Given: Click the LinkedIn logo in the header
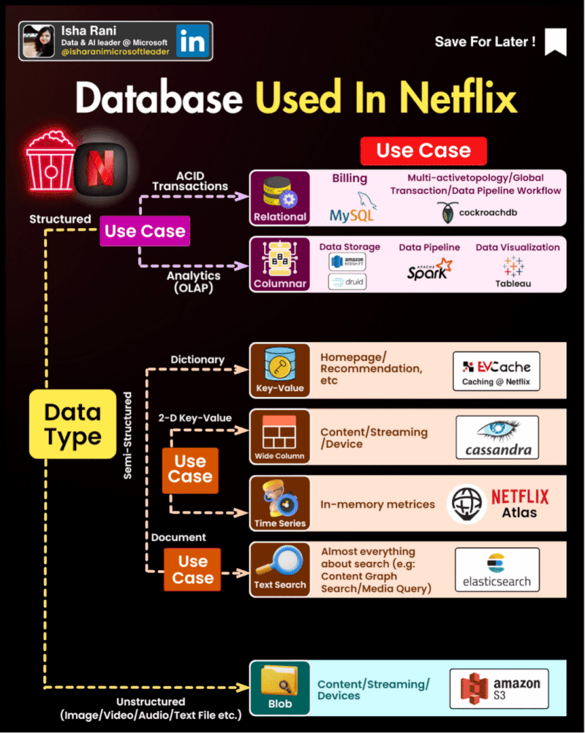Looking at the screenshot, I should (x=192, y=41).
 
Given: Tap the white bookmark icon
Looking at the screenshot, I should (x=556, y=42).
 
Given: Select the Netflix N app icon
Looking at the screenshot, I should (x=102, y=162).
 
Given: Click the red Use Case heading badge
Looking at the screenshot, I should (x=423, y=151).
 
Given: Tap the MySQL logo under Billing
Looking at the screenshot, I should (x=353, y=208).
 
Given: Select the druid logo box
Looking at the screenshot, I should (x=347, y=281).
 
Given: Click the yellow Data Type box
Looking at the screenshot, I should (x=72, y=424).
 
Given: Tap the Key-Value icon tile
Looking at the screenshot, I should (x=280, y=370).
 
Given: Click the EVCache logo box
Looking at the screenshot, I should (x=497, y=371).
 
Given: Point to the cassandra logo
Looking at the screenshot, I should (x=497, y=437).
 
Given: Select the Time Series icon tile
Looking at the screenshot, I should (x=280, y=503).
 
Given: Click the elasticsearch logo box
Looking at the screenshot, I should (x=497, y=569).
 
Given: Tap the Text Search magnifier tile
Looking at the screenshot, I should (x=280, y=569).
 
